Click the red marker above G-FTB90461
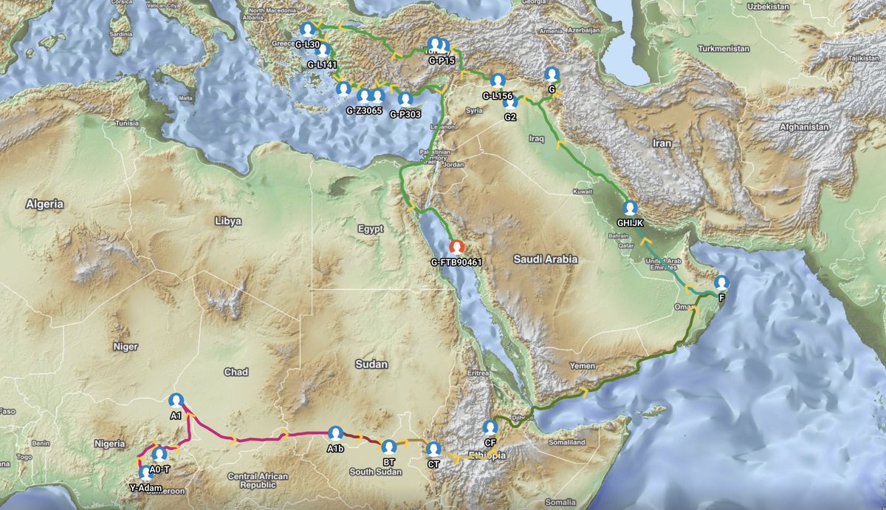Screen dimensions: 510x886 pyautogui.click(x=457, y=247)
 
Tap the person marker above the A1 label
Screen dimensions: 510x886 pyautogui.click(x=176, y=401)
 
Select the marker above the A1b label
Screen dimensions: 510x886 pyautogui.click(x=335, y=433)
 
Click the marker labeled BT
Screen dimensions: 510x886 pyautogui.click(x=389, y=446)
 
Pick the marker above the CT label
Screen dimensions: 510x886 pyautogui.click(x=433, y=449)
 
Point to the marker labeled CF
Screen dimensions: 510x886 pyautogui.click(x=490, y=427)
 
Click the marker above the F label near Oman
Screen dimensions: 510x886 pyautogui.click(x=721, y=282)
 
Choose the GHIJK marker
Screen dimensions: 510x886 pyautogui.click(x=630, y=208)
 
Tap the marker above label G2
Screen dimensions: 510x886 pyautogui.click(x=510, y=103)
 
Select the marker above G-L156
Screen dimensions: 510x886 pyautogui.click(x=498, y=80)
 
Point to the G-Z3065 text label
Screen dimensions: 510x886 pyautogui.click(x=364, y=111)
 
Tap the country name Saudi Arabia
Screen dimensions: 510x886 pyautogui.click(x=546, y=259)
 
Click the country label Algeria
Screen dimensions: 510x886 pyautogui.click(x=44, y=203)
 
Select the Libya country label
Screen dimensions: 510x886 pyautogui.click(x=227, y=220)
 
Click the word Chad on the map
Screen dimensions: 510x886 pyautogui.click(x=236, y=372)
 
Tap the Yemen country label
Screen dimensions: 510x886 pyautogui.click(x=583, y=366)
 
